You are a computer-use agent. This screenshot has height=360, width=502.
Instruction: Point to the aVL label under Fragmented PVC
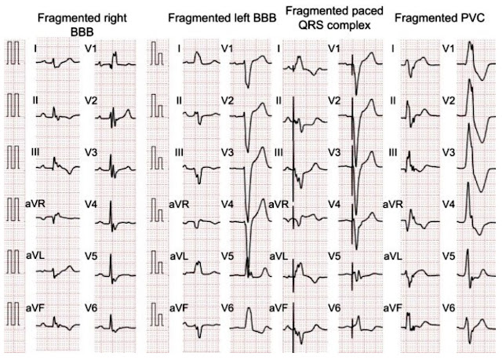(393, 256)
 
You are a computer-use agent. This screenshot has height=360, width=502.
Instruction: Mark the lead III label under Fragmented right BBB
(36, 152)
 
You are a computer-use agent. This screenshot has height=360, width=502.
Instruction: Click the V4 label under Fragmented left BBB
(227, 204)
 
